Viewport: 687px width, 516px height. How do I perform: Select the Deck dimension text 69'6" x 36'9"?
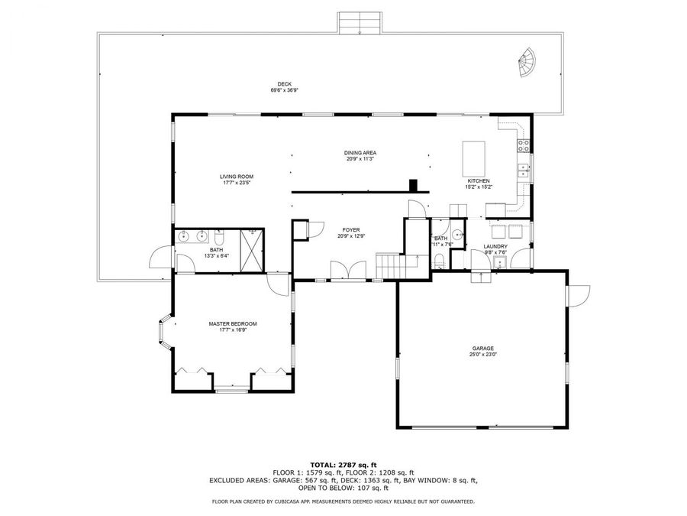point(284,90)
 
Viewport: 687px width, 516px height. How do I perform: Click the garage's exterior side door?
point(579,294)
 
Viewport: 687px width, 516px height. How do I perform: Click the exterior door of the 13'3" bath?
point(162,259)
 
